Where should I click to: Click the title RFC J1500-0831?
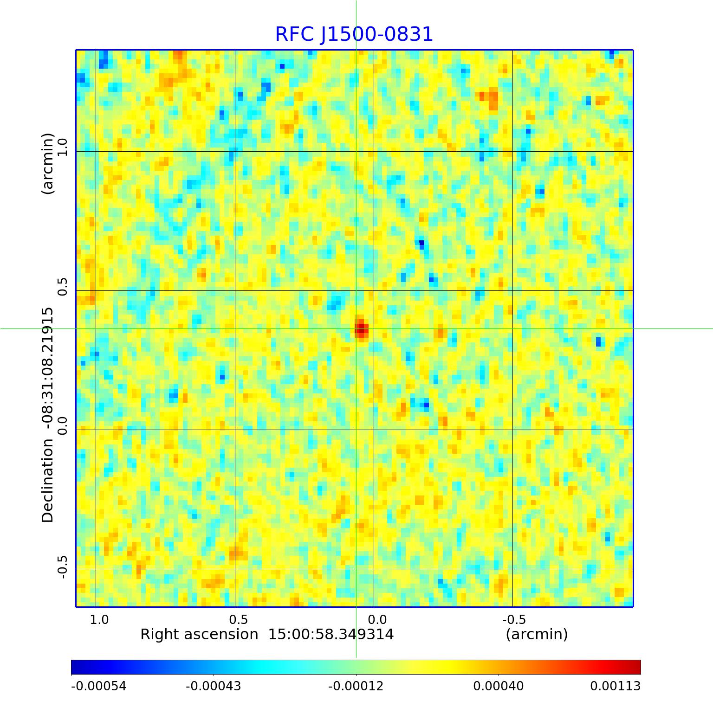(354, 34)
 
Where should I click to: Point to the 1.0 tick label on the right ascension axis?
(99, 619)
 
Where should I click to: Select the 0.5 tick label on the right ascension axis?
(238, 619)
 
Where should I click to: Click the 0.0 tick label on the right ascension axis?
(377, 619)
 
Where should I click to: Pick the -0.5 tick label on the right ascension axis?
(514, 619)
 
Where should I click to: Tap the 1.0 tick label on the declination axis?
(62, 146)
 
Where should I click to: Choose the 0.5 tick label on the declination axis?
(62, 285)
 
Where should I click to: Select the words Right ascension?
(199, 634)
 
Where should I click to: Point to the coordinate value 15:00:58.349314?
(331, 634)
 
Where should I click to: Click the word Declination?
(48, 481)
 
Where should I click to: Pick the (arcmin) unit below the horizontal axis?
(537, 634)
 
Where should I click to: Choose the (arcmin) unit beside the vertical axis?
(48, 163)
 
